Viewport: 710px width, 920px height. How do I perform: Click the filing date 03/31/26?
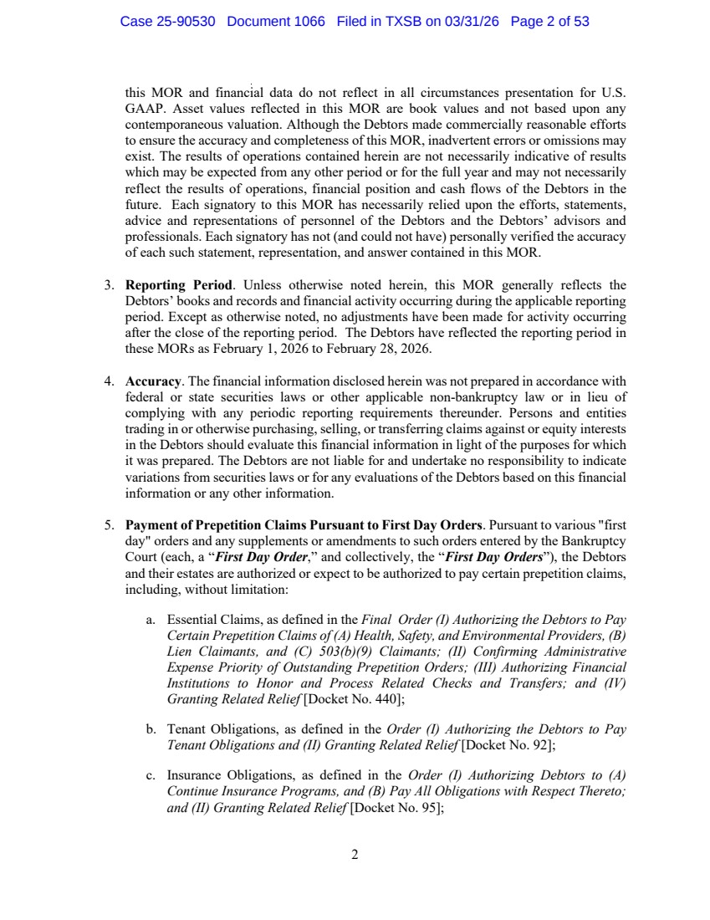471,22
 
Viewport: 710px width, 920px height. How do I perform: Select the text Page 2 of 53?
549,22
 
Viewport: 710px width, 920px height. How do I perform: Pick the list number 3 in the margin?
109,286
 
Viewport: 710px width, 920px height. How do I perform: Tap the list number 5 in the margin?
109,525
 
